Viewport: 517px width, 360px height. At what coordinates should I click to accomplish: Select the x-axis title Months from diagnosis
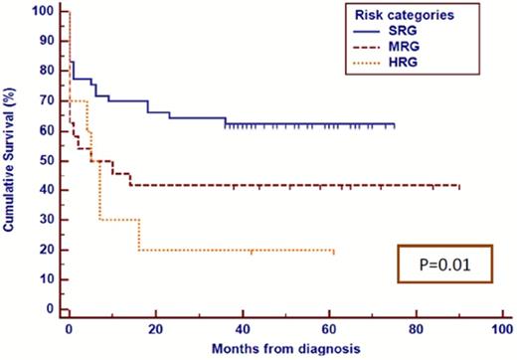[283, 349]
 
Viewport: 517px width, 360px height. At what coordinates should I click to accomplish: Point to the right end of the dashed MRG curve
[459, 186]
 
